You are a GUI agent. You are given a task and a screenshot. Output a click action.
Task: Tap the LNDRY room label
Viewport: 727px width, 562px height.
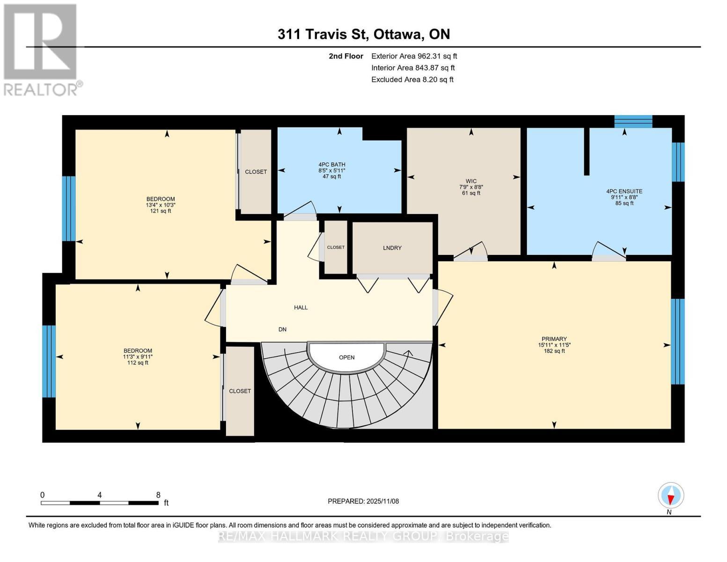[392, 248]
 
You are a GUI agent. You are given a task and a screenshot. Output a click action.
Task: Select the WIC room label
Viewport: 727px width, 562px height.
[471, 181]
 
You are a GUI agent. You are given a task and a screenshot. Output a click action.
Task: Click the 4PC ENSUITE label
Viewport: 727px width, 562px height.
[624, 191]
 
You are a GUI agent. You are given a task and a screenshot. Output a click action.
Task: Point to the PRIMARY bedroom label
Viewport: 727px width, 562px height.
[554, 339]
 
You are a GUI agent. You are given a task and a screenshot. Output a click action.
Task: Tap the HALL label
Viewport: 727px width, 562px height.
[301, 307]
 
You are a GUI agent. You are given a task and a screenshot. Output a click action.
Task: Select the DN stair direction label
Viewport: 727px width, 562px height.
[282, 329]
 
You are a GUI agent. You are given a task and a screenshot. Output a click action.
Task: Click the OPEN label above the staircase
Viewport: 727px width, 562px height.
[346, 357]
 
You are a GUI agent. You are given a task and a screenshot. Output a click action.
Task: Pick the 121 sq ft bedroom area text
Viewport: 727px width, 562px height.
[160, 211]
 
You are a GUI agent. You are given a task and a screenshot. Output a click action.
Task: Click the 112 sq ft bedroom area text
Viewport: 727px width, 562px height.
[138, 362]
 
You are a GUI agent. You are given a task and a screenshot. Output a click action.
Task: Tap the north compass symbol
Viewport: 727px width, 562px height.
[671, 495]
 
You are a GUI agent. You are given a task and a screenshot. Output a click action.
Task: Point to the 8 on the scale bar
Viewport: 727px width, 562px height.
[158, 495]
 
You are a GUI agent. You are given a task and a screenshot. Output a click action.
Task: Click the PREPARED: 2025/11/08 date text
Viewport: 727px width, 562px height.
[363, 501]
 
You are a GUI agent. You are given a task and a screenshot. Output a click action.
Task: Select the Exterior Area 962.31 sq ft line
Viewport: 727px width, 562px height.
[414, 56]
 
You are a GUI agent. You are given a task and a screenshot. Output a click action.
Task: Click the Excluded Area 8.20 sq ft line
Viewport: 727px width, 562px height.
[412, 80]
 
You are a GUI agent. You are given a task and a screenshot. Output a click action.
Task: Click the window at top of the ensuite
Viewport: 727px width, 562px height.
[633, 121]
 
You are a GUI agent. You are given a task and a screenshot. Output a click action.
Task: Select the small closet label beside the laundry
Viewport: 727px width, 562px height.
[336, 247]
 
